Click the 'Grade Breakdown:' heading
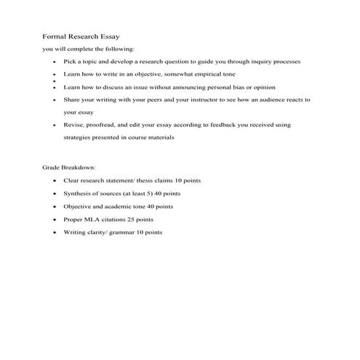coord(69,167)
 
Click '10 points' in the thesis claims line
coord(180,180)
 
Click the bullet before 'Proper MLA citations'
coord(55,219)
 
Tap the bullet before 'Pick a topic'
coord(55,62)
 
